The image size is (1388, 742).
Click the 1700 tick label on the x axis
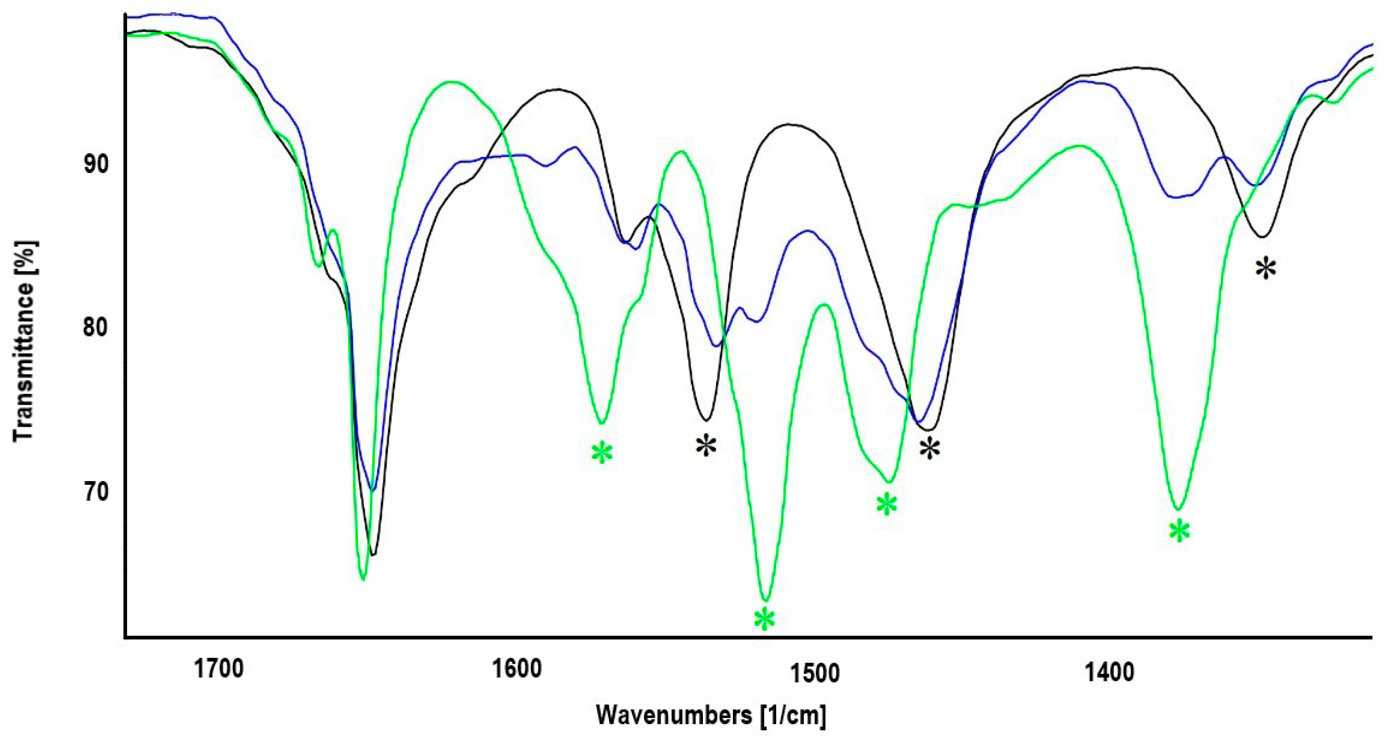point(219,669)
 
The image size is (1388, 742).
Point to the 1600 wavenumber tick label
point(517,669)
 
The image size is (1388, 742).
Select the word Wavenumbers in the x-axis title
point(674,716)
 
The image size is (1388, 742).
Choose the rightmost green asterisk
point(1180,532)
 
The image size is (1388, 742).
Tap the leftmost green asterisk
point(602,453)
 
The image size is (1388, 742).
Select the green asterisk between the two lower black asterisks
point(886,505)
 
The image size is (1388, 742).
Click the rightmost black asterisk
point(1266,268)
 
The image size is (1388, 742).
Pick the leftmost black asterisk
point(706,446)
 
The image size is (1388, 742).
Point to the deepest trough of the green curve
point(765,600)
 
